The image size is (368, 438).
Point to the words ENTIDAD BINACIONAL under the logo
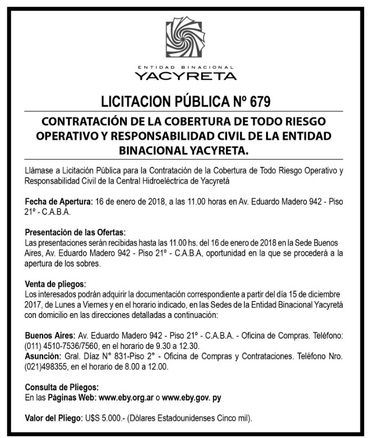click(185, 66)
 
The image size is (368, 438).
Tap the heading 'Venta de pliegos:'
click(55, 283)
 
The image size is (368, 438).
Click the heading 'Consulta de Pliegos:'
click(62, 387)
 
